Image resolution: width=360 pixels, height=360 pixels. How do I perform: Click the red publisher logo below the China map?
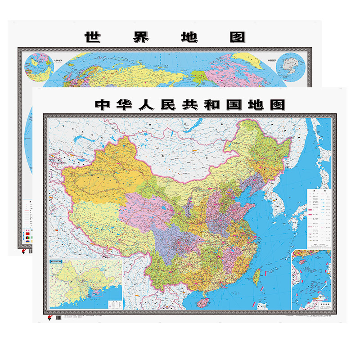pos(49,316)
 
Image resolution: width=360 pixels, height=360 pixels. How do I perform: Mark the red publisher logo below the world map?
pos(23,252)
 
